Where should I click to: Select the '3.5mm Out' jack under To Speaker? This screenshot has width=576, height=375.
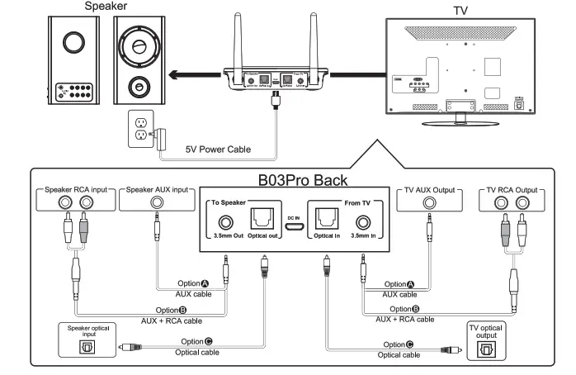[224, 224]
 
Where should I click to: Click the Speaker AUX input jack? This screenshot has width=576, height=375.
[157, 203]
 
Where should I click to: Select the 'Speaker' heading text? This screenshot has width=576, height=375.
[106, 7]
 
